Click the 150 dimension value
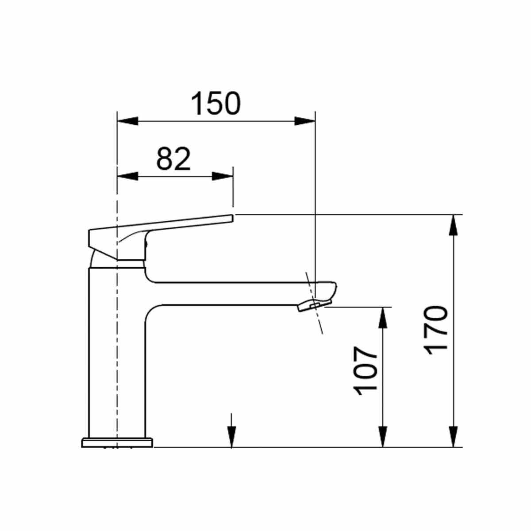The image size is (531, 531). [216, 104]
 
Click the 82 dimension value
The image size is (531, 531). [173, 159]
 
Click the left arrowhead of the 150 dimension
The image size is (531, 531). [127, 121]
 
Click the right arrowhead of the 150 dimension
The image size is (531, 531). [305, 121]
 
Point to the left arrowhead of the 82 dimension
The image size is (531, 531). [127, 176]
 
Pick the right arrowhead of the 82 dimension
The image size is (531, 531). [223, 176]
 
